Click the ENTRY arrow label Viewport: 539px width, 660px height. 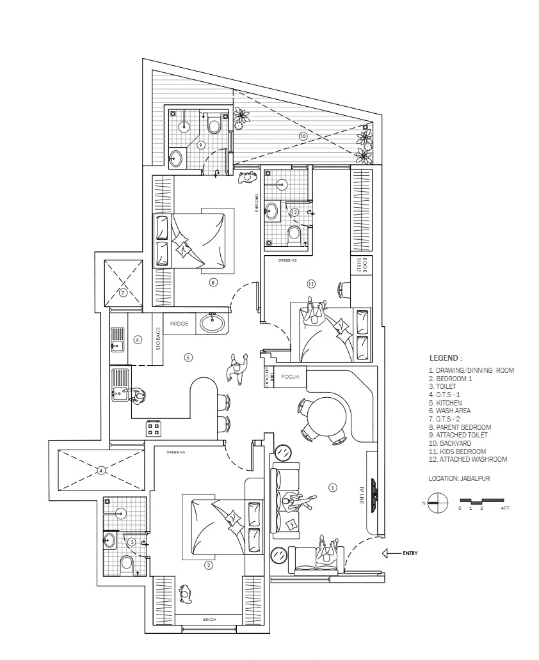[410, 553]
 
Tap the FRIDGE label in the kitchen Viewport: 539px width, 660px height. [179, 324]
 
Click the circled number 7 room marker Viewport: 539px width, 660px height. [124, 293]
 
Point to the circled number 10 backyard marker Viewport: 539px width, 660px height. [303, 136]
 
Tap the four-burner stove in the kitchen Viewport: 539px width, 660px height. [154, 428]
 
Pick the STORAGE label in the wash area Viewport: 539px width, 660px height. [158, 339]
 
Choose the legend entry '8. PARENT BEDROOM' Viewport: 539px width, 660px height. [460, 427]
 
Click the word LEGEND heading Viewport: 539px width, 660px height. [445, 358]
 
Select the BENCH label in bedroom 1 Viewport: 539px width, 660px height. [209, 620]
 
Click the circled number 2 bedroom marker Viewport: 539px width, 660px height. [208, 565]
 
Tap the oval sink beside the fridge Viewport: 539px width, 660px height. [213, 323]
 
